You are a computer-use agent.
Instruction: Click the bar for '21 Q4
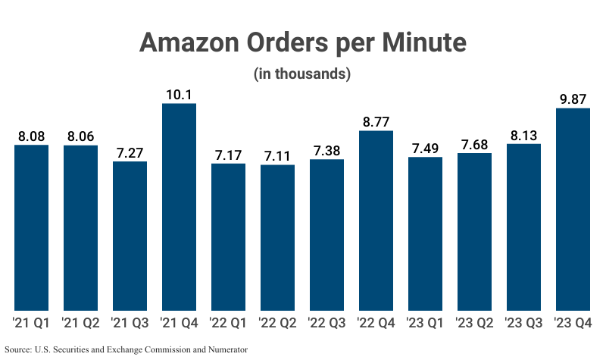pyautogui.click(x=179, y=207)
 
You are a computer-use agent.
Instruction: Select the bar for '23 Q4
pyautogui.click(x=573, y=209)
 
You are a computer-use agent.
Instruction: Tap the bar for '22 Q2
pyautogui.click(x=277, y=238)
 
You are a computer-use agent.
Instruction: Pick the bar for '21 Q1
pyautogui.click(x=31, y=228)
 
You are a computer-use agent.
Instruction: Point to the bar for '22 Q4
pyautogui.click(x=376, y=221)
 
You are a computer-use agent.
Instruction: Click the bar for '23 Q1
pyautogui.click(x=425, y=234)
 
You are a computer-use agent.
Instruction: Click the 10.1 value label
pyautogui.click(x=179, y=95)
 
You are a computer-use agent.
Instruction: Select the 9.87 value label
pyautogui.click(x=573, y=99)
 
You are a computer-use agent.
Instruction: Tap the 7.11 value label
pyautogui.click(x=277, y=156)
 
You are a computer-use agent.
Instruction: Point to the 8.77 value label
pyautogui.click(x=376, y=122)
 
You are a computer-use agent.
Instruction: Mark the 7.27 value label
pyautogui.click(x=130, y=153)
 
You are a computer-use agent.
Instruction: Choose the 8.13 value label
pyautogui.click(x=523, y=135)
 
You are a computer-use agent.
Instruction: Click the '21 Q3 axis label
pyautogui.click(x=130, y=323)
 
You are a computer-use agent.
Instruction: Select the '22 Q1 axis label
pyautogui.click(x=228, y=323)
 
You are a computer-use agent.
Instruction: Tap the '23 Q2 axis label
pyautogui.click(x=474, y=323)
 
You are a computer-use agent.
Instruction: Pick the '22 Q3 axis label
pyautogui.click(x=326, y=323)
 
